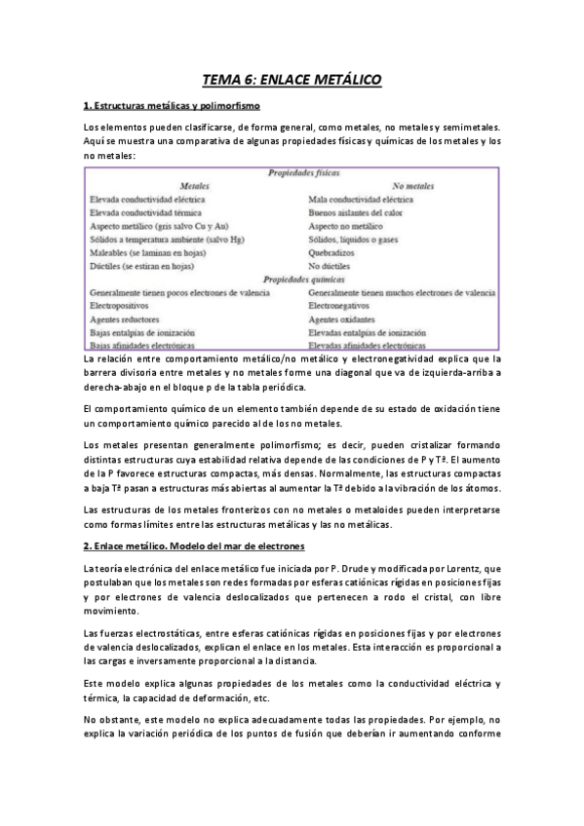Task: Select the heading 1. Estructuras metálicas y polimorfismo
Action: [172, 104]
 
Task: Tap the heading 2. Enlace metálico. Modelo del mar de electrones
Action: [194, 544]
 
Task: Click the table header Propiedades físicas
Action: [292, 172]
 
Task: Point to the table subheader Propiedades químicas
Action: [292, 278]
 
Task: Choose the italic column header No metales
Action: [412, 184]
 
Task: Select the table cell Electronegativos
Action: [342, 304]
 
